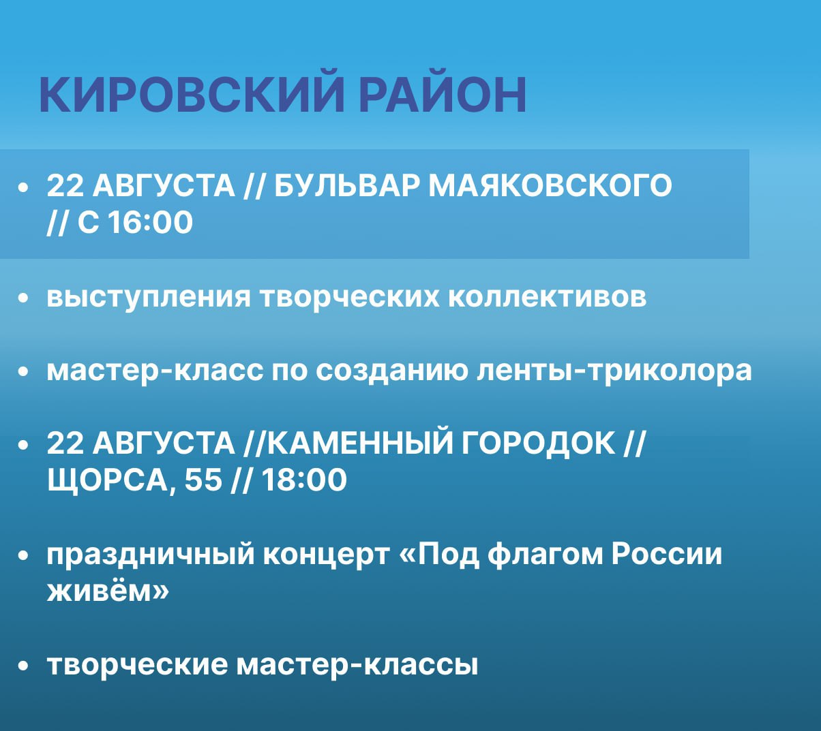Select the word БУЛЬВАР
tap(346, 186)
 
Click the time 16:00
tap(150, 222)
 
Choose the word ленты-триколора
tap(614, 371)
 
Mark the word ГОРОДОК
tap(538, 443)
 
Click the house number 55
tap(203, 480)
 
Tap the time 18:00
tap(304, 480)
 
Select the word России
tap(667, 554)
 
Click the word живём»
tap(108, 592)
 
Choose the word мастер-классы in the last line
tap(357, 666)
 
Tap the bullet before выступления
tap(24, 298)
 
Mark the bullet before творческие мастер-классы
tap(24, 666)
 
